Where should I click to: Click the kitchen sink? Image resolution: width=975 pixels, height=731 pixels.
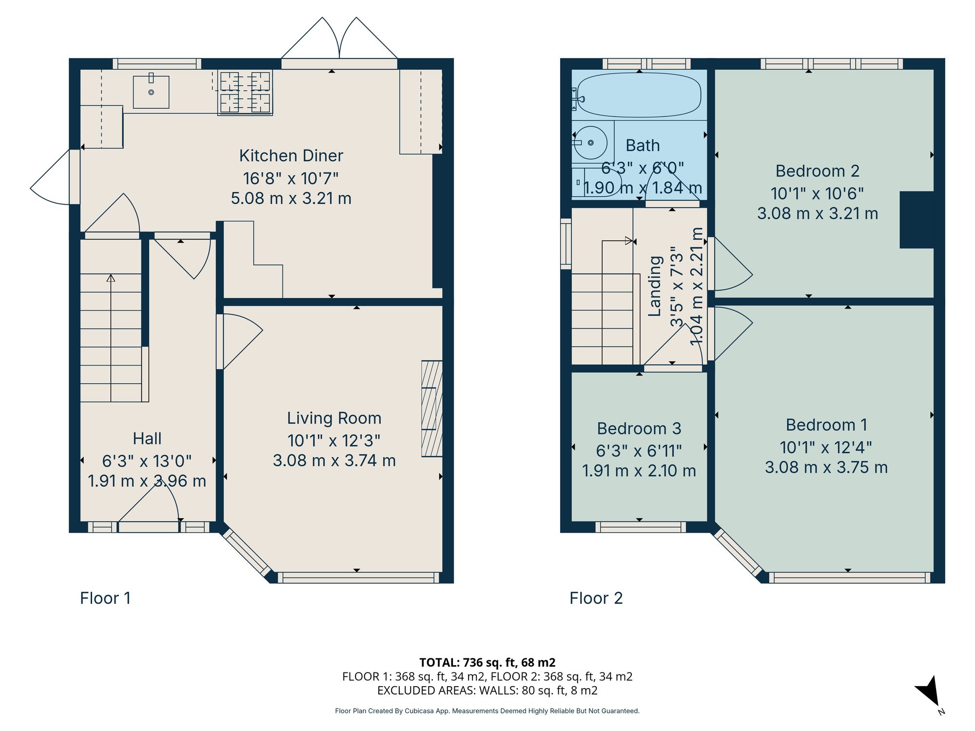[x=151, y=92]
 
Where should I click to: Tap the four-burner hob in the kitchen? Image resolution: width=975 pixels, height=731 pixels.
[x=245, y=92]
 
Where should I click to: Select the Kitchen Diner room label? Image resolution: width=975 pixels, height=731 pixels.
[x=291, y=156]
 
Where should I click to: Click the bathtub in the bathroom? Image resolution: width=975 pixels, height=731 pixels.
[x=639, y=95]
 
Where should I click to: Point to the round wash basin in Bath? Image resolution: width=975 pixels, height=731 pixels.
[x=590, y=143]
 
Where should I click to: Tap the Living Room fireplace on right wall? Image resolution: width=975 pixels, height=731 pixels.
[x=432, y=408]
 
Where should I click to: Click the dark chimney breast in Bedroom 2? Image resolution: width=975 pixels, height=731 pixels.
[x=916, y=220]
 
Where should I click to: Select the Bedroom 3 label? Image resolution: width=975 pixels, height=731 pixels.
[x=639, y=428]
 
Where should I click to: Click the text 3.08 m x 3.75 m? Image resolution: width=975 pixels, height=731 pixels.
[x=826, y=467]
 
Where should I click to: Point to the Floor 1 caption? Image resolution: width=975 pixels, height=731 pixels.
[x=105, y=598]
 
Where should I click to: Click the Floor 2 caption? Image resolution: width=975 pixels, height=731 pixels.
[x=596, y=598]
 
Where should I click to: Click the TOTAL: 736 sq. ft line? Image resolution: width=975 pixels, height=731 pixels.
[x=487, y=662]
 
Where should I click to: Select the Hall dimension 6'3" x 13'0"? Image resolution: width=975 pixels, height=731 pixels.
[x=147, y=461]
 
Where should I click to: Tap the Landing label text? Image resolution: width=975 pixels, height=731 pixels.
[x=655, y=286]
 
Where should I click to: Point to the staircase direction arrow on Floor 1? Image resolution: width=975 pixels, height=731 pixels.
[x=111, y=279]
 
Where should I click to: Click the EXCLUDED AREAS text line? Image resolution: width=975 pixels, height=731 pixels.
[x=487, y=690]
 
